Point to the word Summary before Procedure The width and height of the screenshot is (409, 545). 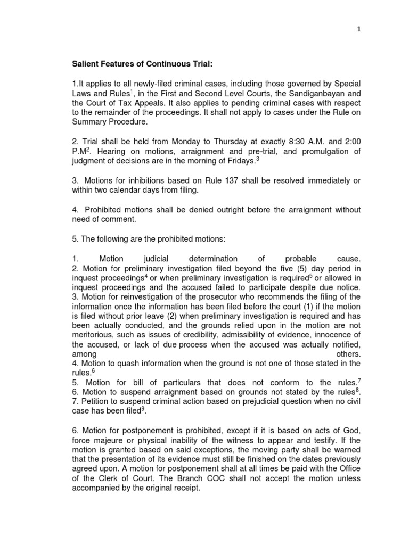click(x=90, y=121)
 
